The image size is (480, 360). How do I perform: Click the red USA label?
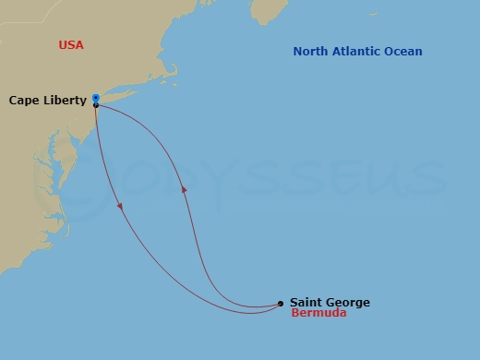[70, 44]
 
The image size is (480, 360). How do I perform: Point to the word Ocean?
[404, 52]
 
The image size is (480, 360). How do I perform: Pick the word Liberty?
[66, 100]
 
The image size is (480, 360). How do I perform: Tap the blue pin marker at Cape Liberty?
[96, 97]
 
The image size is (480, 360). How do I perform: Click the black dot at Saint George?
[281, 303]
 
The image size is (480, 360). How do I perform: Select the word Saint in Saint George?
[306, 302]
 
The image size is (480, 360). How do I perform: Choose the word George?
[348, 302]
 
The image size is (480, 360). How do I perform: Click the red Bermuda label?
[318, 314]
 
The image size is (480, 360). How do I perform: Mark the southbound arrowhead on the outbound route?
[121, 205]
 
